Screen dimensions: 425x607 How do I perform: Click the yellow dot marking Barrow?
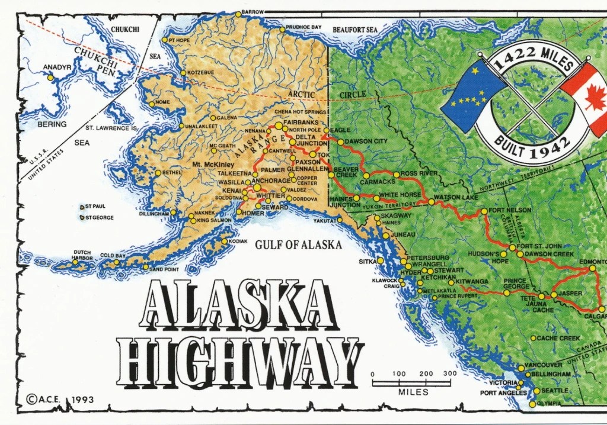click(238, 14)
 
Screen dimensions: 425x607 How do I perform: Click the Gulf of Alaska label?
click(298, 244)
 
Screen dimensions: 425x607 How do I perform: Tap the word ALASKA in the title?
click(237, 304)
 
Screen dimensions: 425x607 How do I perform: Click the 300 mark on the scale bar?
click(449, 374)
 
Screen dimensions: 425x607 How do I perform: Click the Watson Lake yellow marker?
click(432, 202)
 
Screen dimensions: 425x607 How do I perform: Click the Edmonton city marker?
click(592, 269)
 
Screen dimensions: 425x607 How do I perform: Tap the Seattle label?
click(554, 391)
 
